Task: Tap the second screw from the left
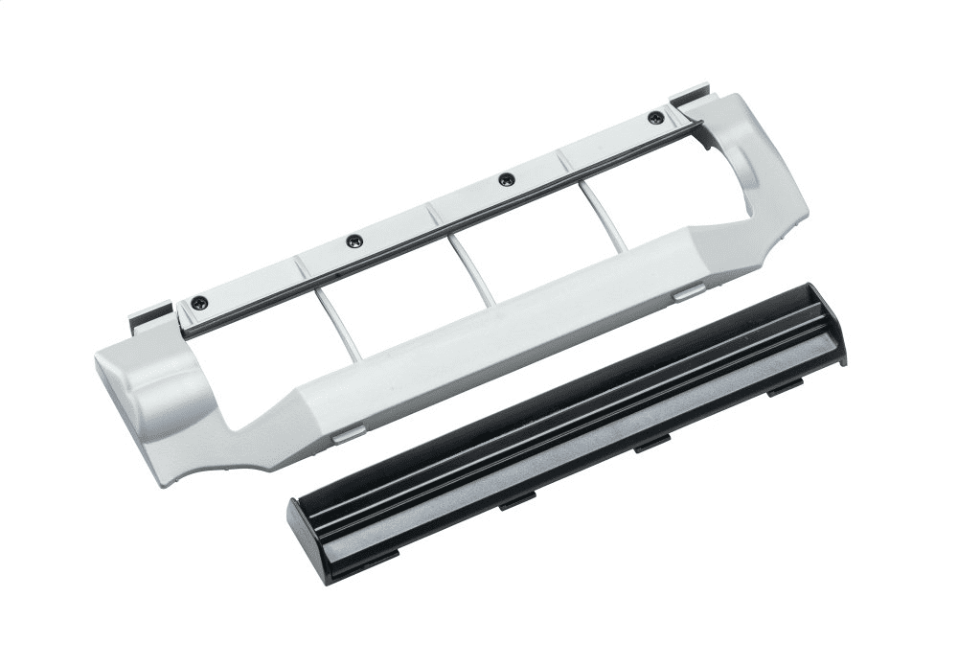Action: [354, 241]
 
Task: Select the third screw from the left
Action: [507, 179]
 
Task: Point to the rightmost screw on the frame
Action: [655, 118]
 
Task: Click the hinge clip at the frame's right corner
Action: [688, 97]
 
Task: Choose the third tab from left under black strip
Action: [651, 442]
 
